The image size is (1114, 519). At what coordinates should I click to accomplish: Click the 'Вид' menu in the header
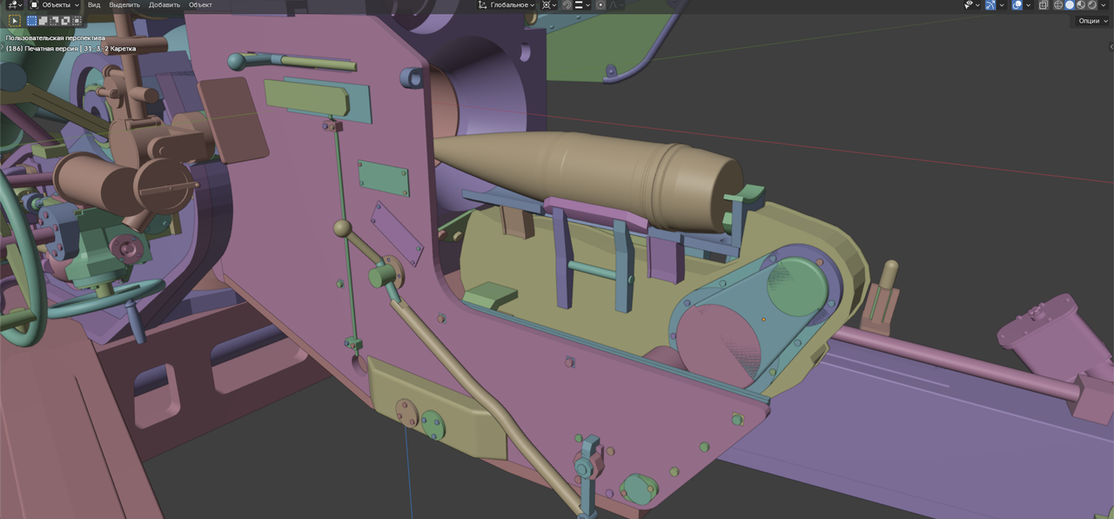click(x=93, y=5)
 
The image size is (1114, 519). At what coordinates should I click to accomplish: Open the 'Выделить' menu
click(x=124, y=5)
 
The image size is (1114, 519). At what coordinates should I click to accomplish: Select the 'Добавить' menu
click(x=164, y=5)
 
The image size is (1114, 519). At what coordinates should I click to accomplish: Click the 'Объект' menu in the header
click(x=200, y=5)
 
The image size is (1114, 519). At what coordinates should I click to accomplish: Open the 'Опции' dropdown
click(x=1092, y=21)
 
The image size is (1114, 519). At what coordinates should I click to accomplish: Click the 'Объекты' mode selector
click(x=55, y=5)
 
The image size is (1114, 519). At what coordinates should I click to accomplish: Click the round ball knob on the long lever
click(x=342, y=228)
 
